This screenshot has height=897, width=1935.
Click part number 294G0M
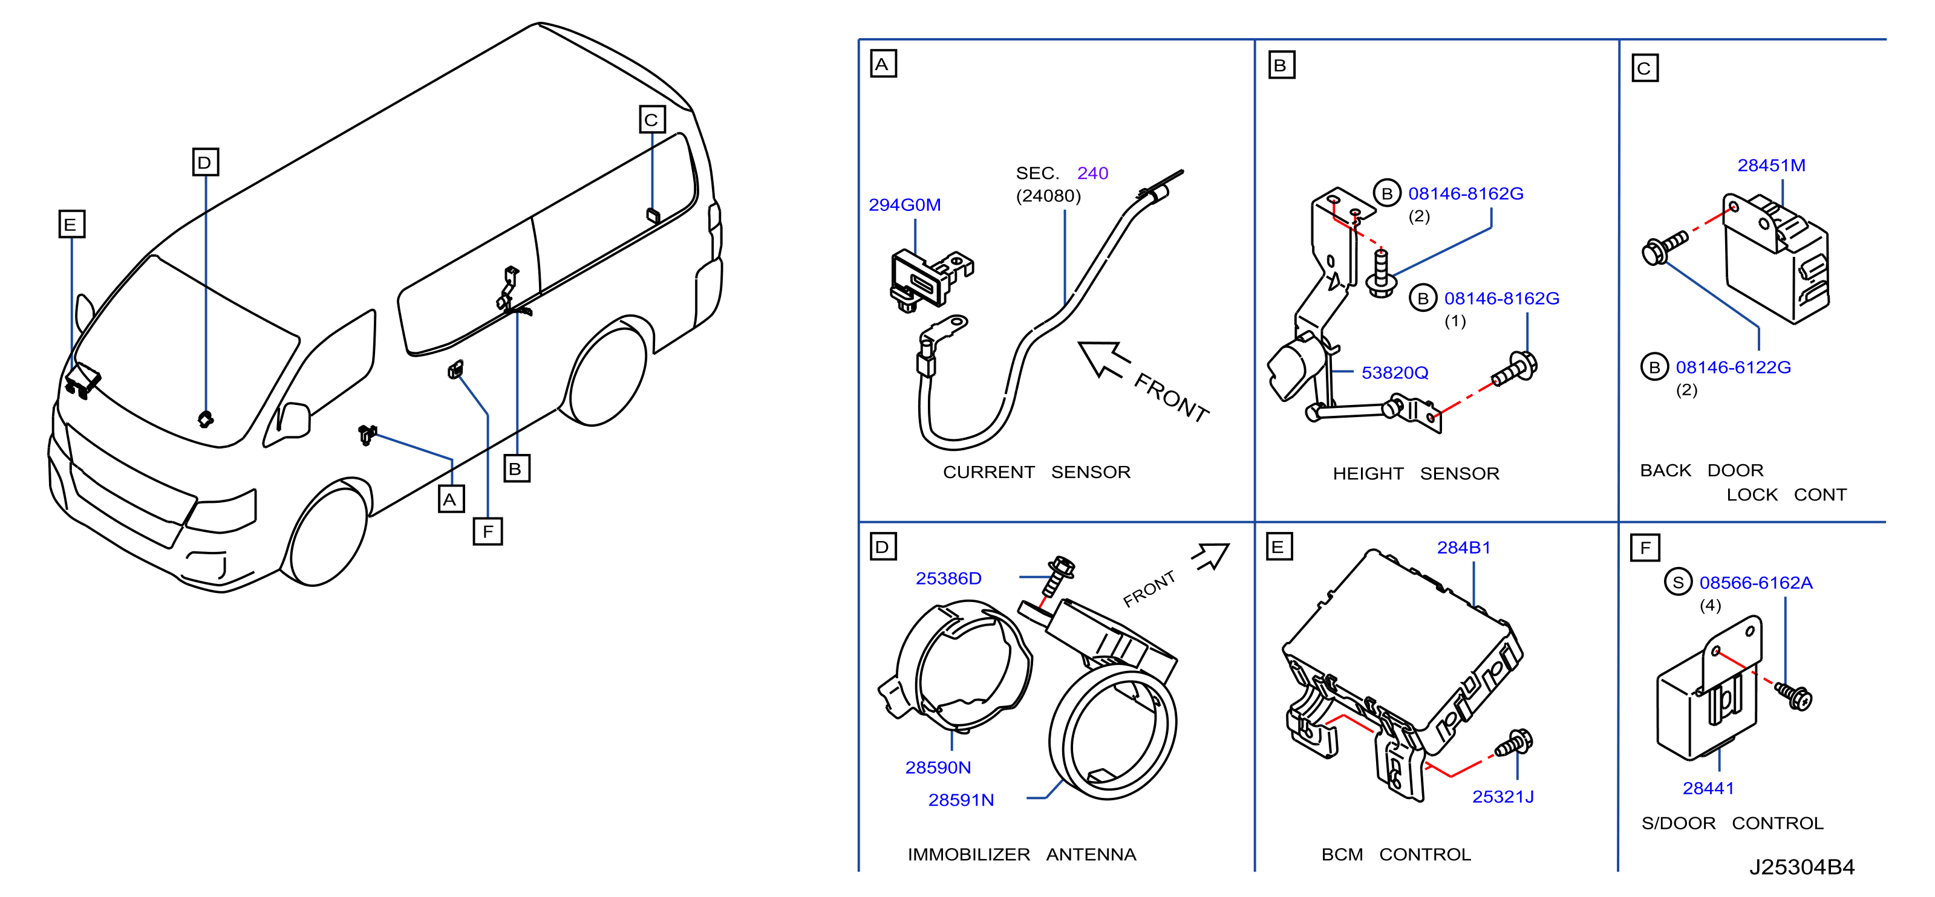(904, 205)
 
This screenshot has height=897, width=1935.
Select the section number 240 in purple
(1092, 173)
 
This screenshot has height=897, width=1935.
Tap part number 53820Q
(1395, 373)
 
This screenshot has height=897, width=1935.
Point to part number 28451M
(1771, 165)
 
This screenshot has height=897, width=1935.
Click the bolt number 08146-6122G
(1733, 367)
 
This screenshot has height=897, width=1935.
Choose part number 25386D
(948, 578)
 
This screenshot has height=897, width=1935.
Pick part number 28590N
(938, 767)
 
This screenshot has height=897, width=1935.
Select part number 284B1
(1463, 548)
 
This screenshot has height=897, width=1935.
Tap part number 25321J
(1503, 797)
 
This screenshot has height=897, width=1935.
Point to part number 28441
(1708, 788)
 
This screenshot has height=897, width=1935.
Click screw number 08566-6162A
(1755, 583)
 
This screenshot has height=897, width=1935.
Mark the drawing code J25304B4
(1801, 867)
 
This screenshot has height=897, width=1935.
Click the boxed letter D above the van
(205, 162)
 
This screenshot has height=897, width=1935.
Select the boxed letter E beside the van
(71, 224)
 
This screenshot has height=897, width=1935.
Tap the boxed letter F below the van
(488, 531)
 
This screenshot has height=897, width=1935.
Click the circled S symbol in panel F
(1677, 583)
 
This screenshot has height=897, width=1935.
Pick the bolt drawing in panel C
(1665, 248)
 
